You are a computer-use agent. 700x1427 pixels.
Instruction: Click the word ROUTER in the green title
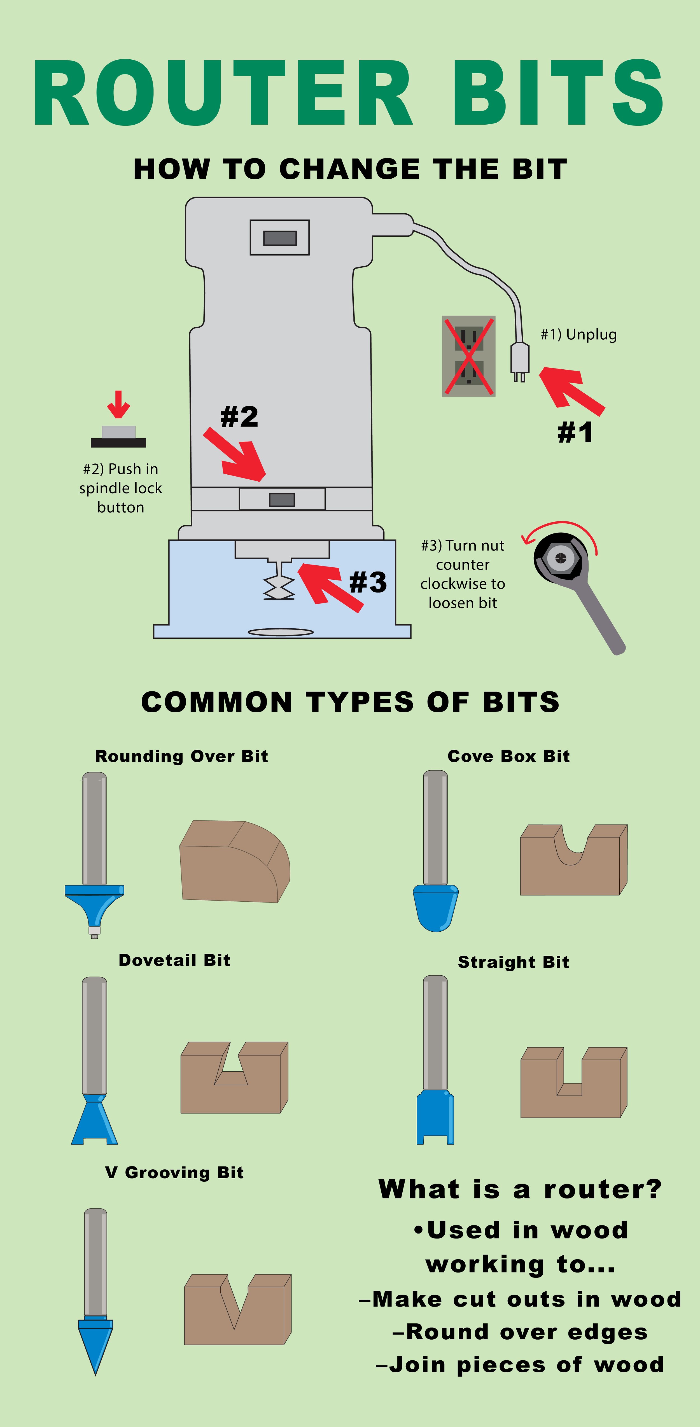point(221,93)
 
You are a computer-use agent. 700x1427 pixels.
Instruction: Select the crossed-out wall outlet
point(468,356)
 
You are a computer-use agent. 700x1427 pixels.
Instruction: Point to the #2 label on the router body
point(239,417)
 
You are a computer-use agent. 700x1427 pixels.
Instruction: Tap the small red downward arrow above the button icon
point(118,404)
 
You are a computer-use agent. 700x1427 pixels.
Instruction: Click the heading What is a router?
point(519,1189)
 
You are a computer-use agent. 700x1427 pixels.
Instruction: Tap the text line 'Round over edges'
point(519,1332)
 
